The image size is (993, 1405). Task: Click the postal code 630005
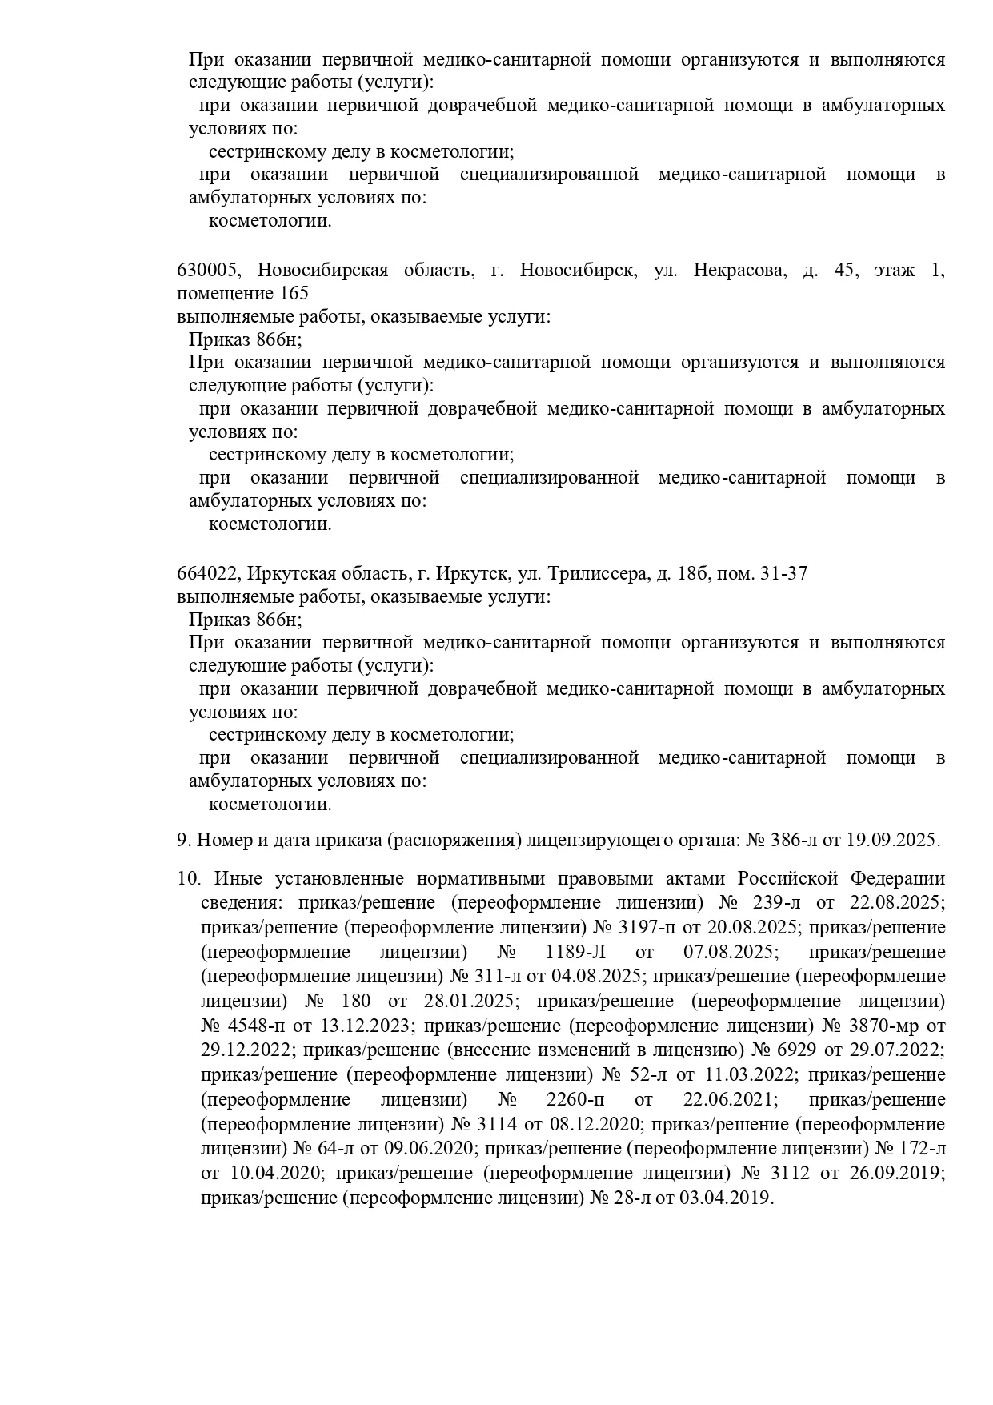[207, 270]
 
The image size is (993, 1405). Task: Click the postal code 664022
[207, 573]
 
